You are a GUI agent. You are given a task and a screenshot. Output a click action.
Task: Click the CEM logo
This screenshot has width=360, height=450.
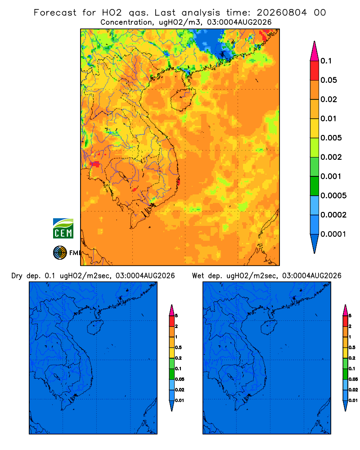(63, 229)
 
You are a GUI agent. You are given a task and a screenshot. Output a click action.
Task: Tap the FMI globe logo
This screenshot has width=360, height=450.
(60, 253)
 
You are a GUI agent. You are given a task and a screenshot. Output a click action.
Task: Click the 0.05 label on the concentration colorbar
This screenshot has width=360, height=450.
(328, 80)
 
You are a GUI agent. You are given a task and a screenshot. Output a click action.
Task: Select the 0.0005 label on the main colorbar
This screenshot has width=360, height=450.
(333, 196)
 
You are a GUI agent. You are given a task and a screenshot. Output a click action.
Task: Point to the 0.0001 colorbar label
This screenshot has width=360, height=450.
(333, 234)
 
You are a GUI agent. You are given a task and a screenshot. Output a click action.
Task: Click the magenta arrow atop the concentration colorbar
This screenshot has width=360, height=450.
(315, 51)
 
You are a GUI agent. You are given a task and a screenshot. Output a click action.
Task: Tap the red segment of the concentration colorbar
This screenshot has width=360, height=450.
(315, 71)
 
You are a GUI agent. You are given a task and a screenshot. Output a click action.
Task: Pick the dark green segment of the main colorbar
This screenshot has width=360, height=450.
(315, 186)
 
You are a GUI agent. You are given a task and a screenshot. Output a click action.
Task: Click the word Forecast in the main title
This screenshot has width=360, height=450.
(55, 13)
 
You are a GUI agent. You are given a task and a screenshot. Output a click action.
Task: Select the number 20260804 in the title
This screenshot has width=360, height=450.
(282, 13)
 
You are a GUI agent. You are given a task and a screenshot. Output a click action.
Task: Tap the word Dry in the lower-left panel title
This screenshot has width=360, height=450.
(17, 276)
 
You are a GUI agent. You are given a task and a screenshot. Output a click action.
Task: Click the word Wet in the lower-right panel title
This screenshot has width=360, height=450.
(198, 276)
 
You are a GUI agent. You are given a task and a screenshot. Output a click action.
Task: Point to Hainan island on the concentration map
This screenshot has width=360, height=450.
(183, 99)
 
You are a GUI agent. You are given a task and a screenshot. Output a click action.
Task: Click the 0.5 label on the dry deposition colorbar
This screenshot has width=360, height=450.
(178, 347)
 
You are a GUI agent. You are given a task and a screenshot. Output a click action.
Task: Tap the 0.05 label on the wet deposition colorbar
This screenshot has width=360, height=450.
(353, 379)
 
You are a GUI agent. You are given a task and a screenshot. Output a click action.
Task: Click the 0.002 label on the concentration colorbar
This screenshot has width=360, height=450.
(331, 157)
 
